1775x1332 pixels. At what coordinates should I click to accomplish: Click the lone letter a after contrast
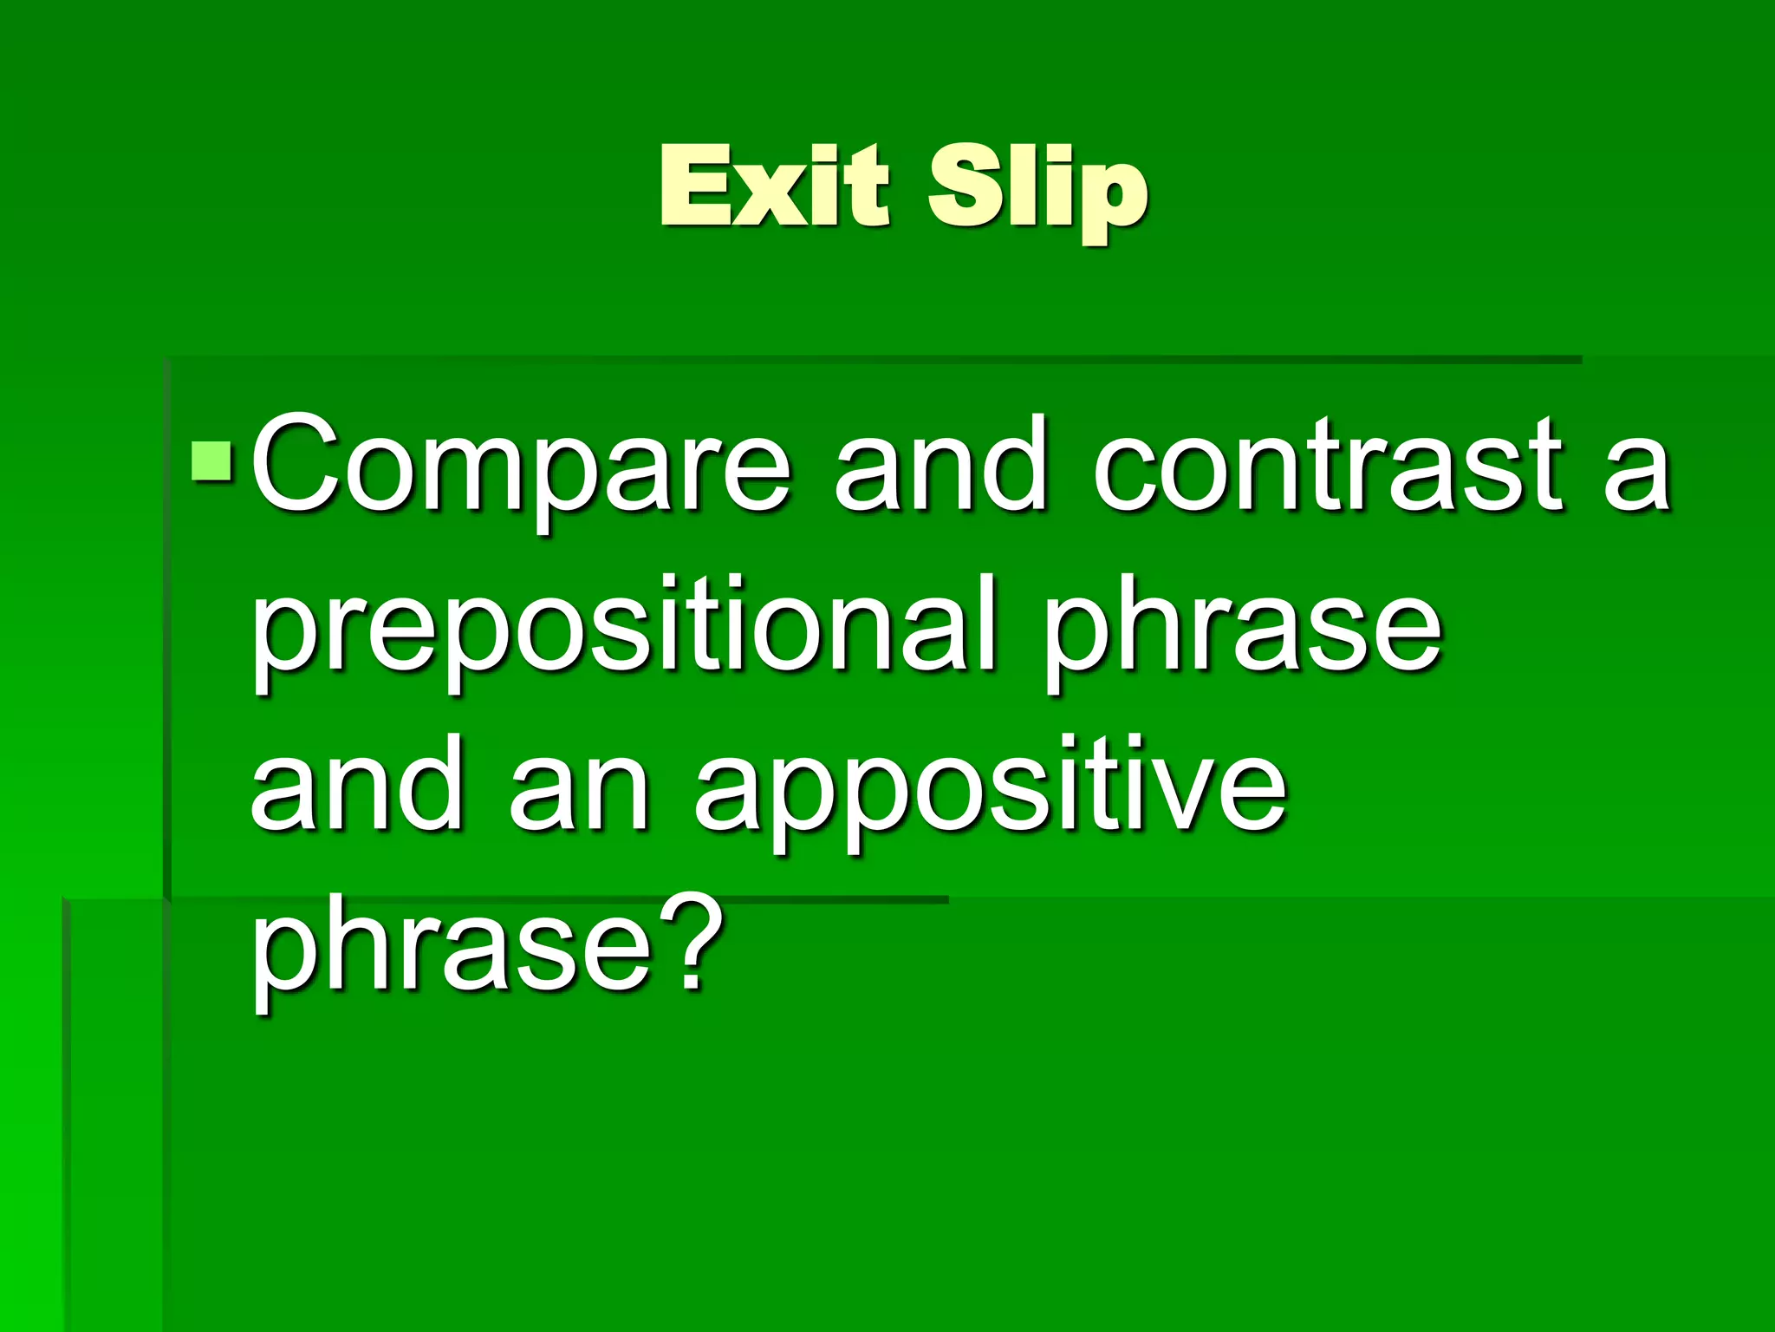pos(1635,473)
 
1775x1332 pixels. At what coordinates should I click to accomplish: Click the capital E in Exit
pos(693,185)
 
